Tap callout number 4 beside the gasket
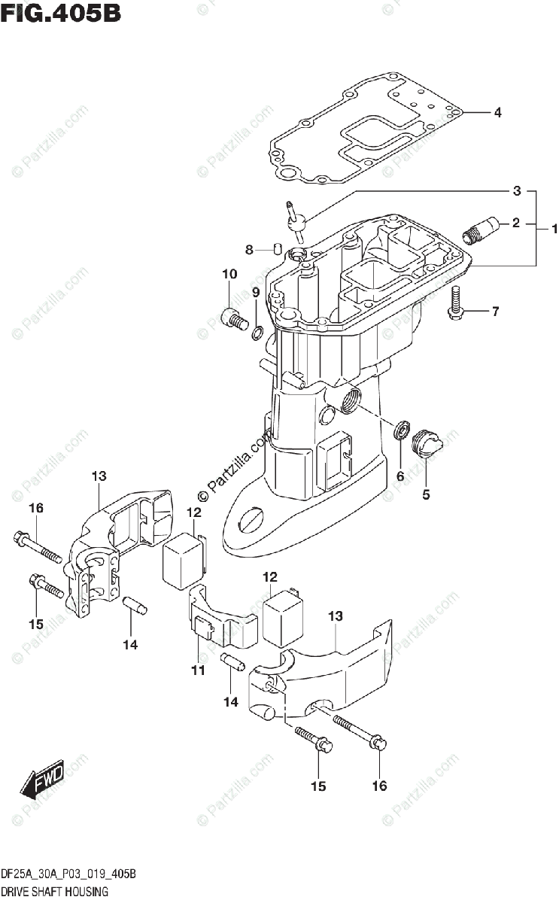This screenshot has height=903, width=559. pos(497,113)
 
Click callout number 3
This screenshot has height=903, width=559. pos(517,191)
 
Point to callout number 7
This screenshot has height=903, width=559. pos(495,312)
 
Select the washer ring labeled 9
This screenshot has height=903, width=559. pos(257,332)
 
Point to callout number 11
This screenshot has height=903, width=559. pos(197,670)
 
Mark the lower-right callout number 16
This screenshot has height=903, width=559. pos(379,786)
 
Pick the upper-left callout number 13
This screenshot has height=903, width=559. pos(99,476)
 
